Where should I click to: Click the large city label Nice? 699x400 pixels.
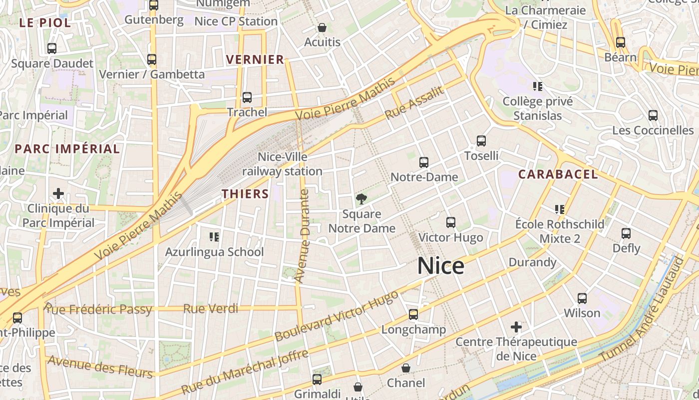click(x=440, y=265)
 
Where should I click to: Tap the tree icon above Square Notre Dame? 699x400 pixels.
click(x=361, y=199)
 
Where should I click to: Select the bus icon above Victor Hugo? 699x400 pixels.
click(x=451, y=222)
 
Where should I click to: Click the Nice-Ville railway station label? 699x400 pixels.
click(x=282, y=164)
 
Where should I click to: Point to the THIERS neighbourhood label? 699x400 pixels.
click(x=245, y=194)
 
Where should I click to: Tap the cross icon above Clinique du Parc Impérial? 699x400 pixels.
click(x=58, y=193)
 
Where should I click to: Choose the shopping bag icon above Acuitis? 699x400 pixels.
click(x=322, y=27)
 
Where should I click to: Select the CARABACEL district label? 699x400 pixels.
click(x=558, y=174)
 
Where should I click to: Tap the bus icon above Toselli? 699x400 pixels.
click(x=481, y=141)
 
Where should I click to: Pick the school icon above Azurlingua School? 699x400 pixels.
click(x=214, y=236)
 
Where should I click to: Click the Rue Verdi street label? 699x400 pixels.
click(x=211, y=308)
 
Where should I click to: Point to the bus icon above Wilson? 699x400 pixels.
click(x=582, y=298)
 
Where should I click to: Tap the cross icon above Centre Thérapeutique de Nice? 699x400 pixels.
click(x=516, y=327)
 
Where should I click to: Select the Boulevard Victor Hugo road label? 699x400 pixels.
click(x=337, y=315)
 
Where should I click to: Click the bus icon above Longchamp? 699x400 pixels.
click(x=413, y=314)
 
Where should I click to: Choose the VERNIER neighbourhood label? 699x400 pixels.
click(x=255, y=59)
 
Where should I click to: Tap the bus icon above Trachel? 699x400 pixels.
click(x=247, y=97)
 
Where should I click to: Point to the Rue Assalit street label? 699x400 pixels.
click(x=414, y=103)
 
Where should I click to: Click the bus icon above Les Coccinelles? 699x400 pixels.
click(x=653, y=115)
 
